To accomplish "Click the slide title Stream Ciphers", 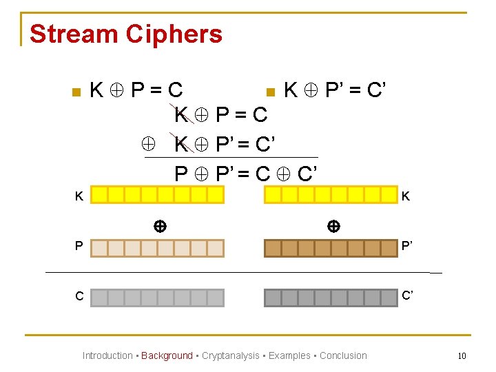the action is pos(126,34).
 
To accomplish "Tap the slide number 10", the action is pos(462,355).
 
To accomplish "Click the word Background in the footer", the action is pos(167,355).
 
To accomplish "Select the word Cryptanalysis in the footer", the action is pos(230,355).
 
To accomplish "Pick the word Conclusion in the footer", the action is pos(343,355).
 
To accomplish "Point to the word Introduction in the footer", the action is pos(107,355).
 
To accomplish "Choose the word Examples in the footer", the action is pos(289,355).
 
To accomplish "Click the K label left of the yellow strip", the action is pos(79,196).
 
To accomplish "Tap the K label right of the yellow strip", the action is pos(406,196).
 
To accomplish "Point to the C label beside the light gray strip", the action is pos(79,297).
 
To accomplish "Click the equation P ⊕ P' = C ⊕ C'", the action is pos(245,173).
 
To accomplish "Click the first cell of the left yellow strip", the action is pos(100,195).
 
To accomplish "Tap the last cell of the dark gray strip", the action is pos(390,298).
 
